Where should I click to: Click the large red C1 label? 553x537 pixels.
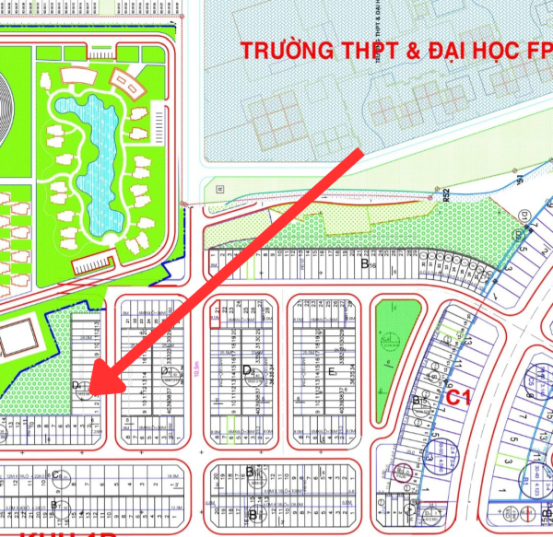[x=459, y=398]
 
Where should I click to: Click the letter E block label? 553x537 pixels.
[x=332, y=372]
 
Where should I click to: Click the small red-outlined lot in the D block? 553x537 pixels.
[x=216, y=310]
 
